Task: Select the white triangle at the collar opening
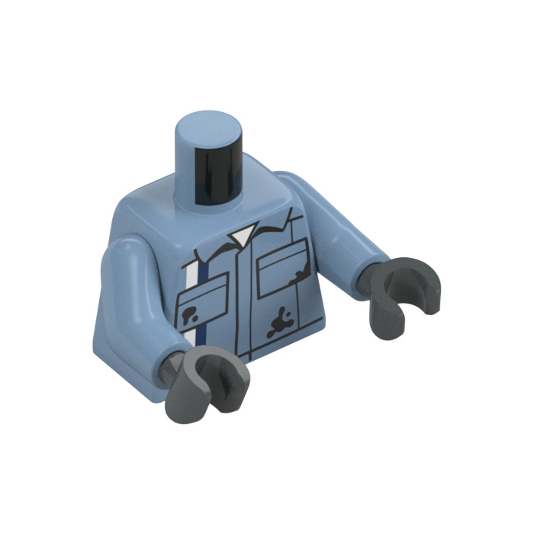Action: (243, 236)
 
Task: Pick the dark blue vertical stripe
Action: (201, 305)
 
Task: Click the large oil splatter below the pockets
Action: (279, 323)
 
